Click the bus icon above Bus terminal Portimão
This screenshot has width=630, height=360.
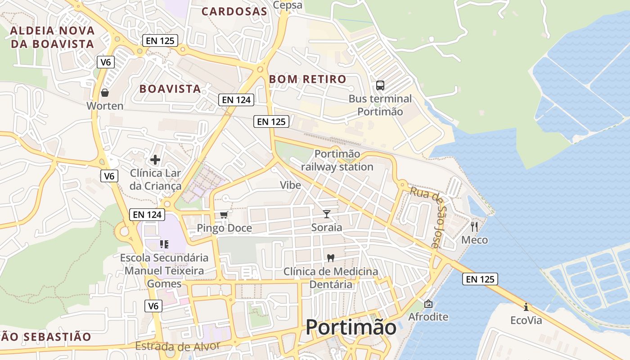click(x=380, y=85)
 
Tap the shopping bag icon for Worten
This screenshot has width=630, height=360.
click(x=105, y=93)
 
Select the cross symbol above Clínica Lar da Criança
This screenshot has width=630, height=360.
click(x=155, y=160)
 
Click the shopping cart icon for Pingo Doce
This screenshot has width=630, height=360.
click(x=224, y=215)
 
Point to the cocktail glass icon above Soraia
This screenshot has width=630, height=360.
click(x=327, y=214)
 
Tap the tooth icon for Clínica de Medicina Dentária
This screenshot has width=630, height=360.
click(x=331, y=258)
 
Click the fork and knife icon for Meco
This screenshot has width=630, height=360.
click(x=474, y=226)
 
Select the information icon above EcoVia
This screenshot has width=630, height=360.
click(x=526, y=307)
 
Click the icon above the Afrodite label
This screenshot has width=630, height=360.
click(x=428, y=304)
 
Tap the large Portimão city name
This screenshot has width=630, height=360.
click(x=351, y=327)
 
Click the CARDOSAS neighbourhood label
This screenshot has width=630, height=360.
click(x=234, y=12)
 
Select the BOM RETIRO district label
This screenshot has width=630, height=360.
click(x=308, y=80)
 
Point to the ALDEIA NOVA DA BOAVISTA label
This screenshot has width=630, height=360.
click(x=52, y=37)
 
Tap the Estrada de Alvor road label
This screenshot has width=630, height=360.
click(x=177, y=346)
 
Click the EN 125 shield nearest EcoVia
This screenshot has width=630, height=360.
click(x=480, y=279)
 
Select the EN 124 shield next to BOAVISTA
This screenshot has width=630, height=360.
click(x=236, y=100)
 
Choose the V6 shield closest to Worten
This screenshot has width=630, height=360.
click(x=105, y=62)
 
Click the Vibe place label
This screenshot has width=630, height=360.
click(x=290, y=185)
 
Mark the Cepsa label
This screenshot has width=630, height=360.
click(x=288, y=5)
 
